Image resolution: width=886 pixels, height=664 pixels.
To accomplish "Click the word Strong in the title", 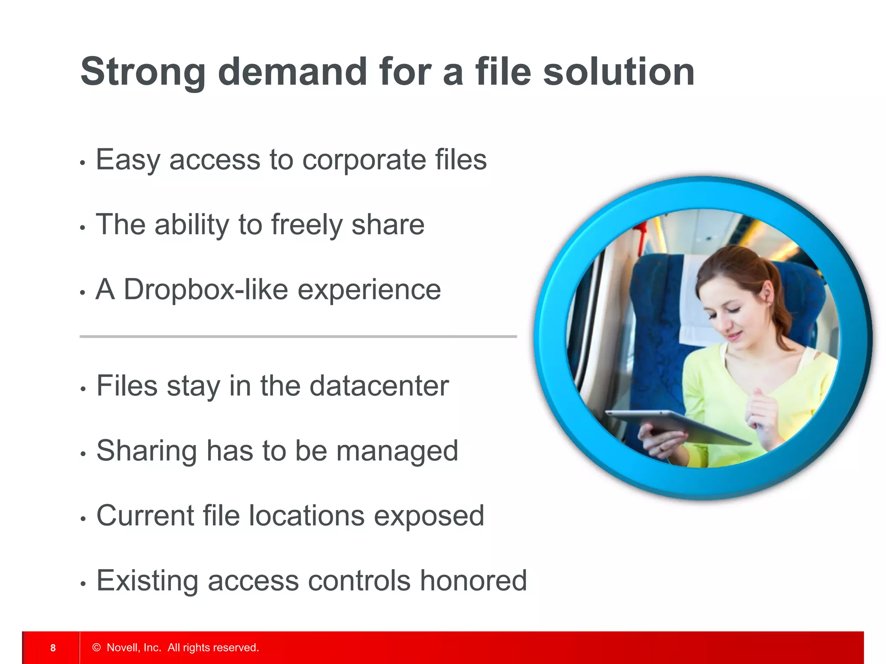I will pyautogui.click(x=143, y=73).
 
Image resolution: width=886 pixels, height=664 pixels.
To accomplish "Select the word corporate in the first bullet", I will pyautogui.click(x=363, y=160).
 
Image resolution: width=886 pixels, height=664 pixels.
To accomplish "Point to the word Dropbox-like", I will pyautogui.click(x=206, y=289).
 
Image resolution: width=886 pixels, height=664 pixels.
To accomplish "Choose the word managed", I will pyautogui.click(x=397, y=451).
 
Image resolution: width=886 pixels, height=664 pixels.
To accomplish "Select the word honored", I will pyautogui.click(x=473, y=581).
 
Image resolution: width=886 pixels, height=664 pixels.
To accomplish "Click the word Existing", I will pyautogui.click(x=147, y=581).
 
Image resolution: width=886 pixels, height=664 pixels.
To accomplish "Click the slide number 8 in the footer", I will pyautogui.click(x=53, y=648).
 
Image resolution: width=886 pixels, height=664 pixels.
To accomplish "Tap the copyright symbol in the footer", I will pyautogui.click(x=96, y=648).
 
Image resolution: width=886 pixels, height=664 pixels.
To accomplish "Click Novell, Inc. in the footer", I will pyautogui.click(x=134, y=648).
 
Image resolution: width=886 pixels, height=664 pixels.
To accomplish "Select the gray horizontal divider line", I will pyautogui.click(x=298, y=336).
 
